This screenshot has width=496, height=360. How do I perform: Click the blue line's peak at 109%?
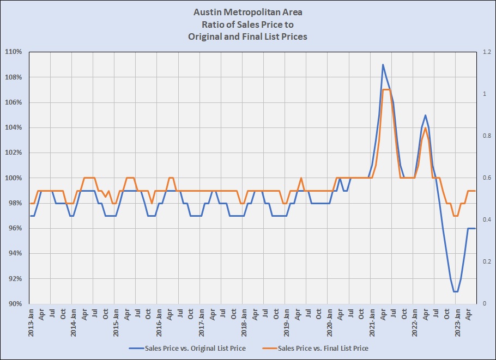[383, 65]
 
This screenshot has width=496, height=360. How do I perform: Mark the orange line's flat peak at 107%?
[386, 90]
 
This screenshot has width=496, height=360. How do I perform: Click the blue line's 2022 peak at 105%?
[425, 115]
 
